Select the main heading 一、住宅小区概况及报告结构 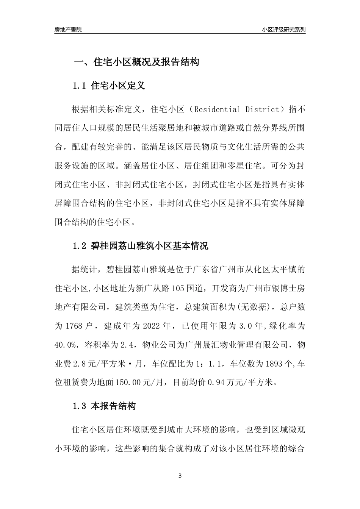[136, 62]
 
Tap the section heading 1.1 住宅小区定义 [109, 86]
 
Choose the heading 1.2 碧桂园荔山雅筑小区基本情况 [141, 246]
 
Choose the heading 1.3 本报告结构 [104, 406]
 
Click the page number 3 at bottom [180, 476]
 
